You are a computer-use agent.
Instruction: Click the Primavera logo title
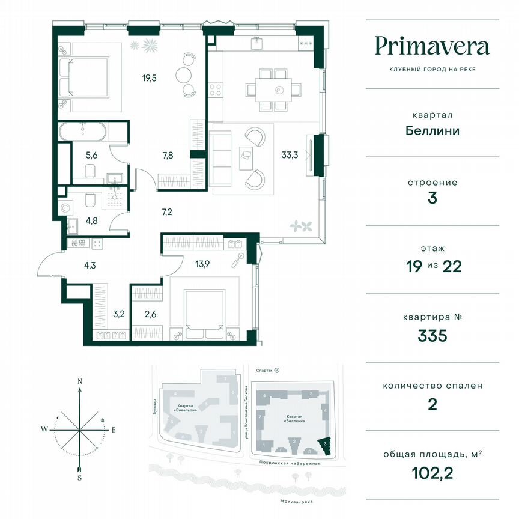[431, 46]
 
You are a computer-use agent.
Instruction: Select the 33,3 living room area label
[291, 154]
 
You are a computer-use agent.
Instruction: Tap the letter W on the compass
[44, 429]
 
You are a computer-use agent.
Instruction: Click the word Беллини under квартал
[431, 130]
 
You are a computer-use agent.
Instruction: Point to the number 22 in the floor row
[451, 267]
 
